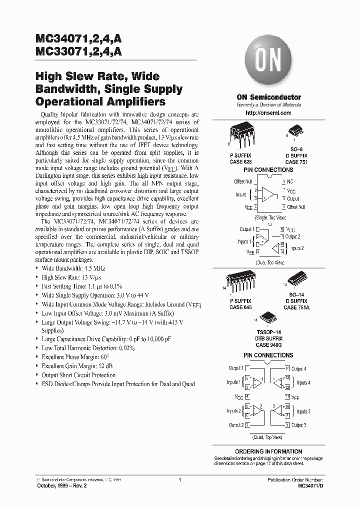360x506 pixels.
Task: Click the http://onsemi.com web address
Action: [268, 113]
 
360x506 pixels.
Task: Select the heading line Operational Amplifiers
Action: [100, 100]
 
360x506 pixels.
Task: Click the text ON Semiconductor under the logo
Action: [268, 97]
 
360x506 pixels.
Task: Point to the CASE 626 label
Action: [241, 162]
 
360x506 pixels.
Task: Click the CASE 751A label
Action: [296, 308]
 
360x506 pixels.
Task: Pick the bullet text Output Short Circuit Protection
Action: [78, 375]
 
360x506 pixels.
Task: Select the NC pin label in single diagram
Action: [290, 181]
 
